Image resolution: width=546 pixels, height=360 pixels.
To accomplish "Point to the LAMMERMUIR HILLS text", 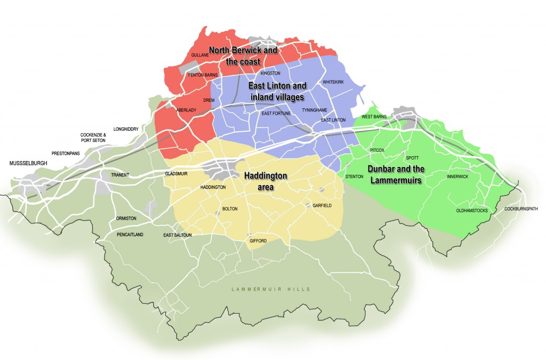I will coord(271,289).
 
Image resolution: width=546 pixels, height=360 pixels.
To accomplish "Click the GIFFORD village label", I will coord(258,241).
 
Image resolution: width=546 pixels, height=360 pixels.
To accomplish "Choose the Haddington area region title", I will coord(266,181).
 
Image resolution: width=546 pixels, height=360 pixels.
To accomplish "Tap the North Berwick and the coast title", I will coord(243,55).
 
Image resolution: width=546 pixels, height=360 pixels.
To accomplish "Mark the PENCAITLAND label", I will coord(131,235).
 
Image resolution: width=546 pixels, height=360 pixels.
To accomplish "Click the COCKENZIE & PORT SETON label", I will coord(93,138).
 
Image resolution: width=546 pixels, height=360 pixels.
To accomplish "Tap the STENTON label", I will coord(354,177).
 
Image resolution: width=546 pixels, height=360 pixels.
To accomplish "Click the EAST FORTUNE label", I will coord(276,114).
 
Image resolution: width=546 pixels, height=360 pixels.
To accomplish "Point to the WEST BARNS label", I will coord(374,116).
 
